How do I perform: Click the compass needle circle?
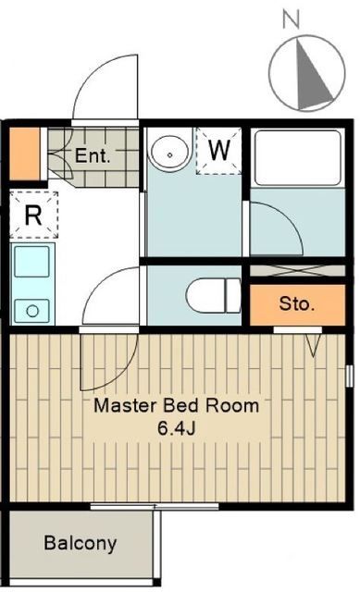pos(306,73)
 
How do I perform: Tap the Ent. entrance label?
pos(93,155)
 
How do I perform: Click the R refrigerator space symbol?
pos(32,215)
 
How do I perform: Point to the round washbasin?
pos(168,153)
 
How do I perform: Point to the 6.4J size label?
pos(182,427)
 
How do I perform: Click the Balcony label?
pos(80,543)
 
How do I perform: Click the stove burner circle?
pos(33,308)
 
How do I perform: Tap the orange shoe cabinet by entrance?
pos(27,154)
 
